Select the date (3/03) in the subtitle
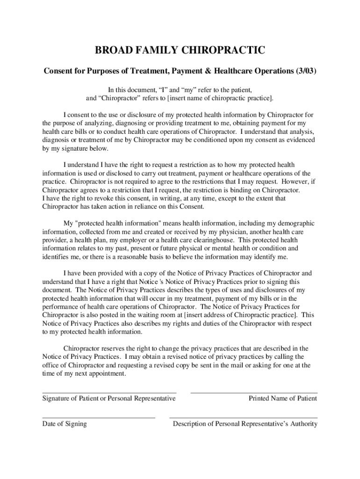(306, 71)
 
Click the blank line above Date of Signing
(99, 417)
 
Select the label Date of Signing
(65, 424)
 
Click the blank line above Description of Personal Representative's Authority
(243, 417)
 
